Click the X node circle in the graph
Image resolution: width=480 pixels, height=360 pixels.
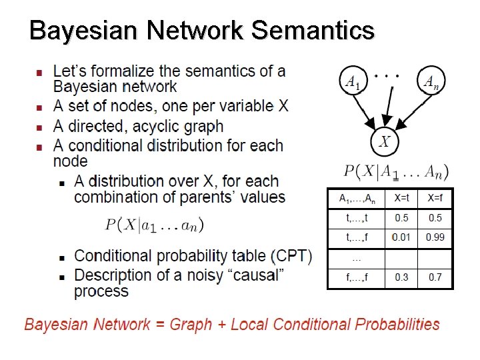[385, 141]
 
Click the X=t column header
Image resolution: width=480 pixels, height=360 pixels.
[401, 198]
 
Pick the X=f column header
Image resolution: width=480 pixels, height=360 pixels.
[435, 198]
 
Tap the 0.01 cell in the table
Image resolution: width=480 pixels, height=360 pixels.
[401, 237]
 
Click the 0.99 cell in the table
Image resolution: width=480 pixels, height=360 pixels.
[435, 237]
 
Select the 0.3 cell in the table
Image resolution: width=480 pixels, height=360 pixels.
[401, 277]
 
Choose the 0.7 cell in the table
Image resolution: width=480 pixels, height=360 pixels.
[435, 277]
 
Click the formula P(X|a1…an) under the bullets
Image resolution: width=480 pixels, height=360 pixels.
[155, 225]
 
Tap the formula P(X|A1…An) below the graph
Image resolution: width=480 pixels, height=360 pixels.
[396, 171]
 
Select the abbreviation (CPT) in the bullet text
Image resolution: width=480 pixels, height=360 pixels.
[291, 256]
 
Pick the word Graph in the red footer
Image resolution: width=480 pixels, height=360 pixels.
[195, 325]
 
